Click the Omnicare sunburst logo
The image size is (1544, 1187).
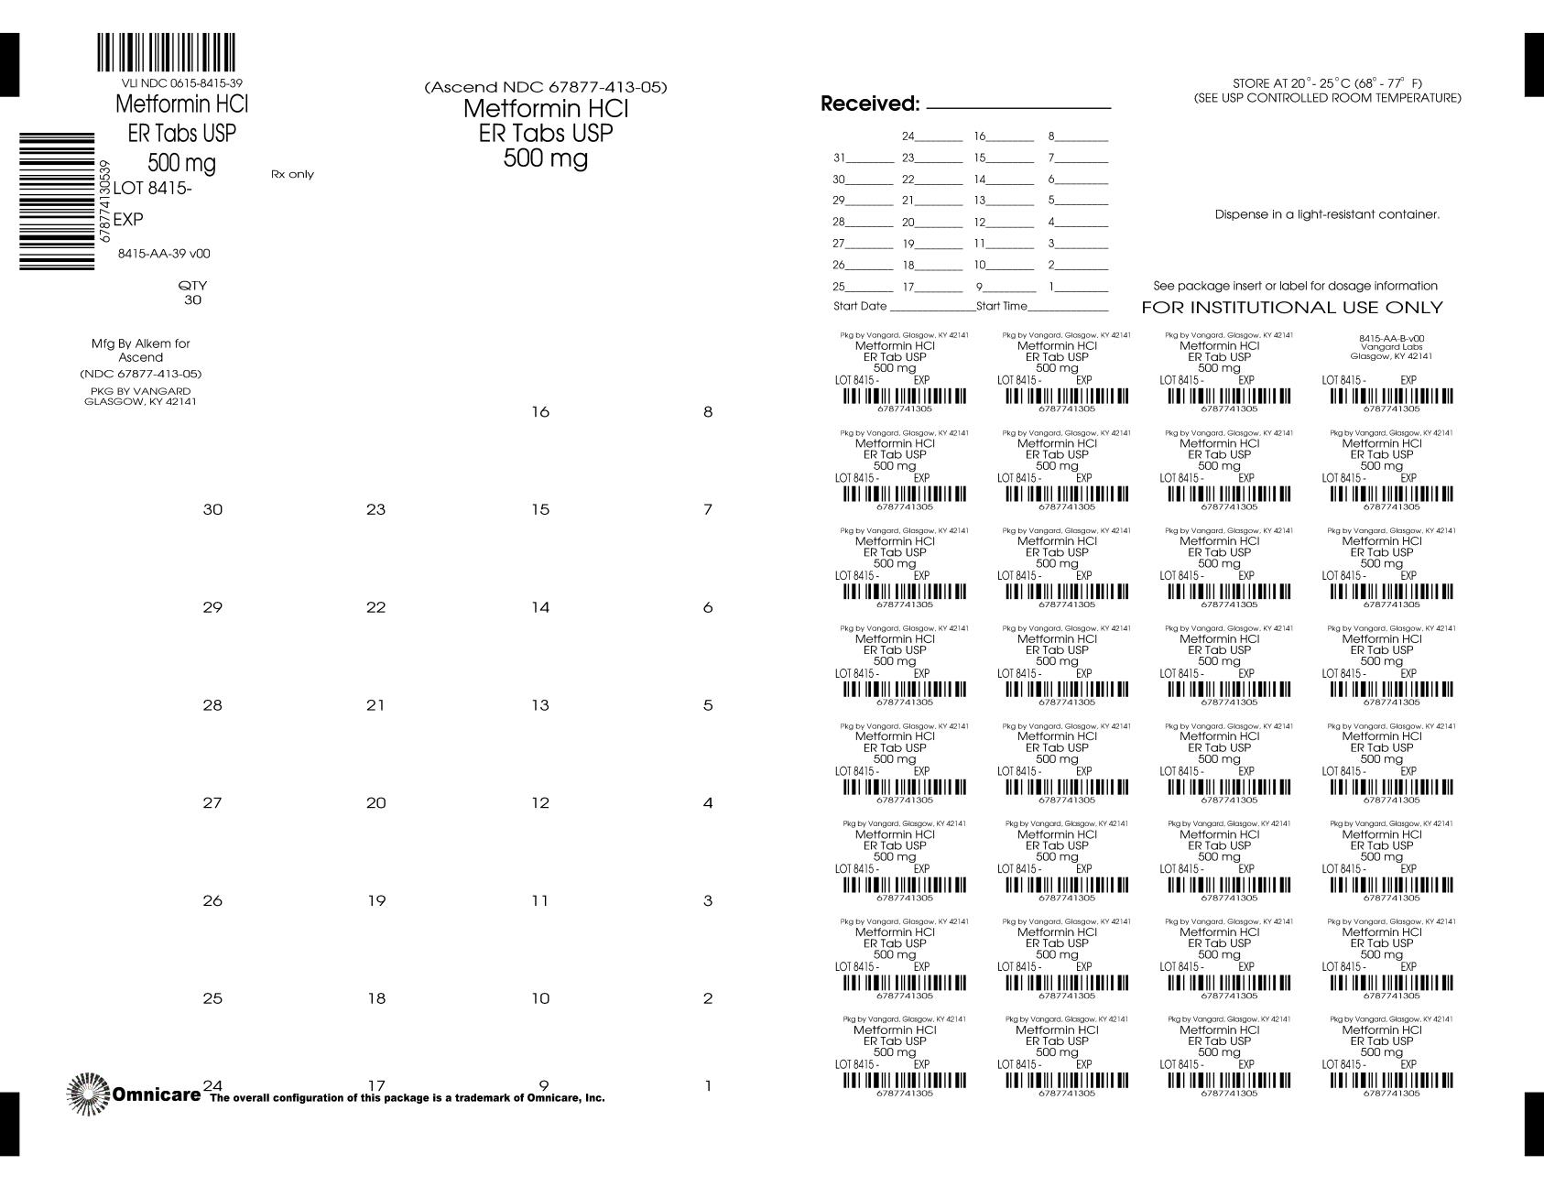88,1094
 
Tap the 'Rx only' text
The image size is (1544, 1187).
292,174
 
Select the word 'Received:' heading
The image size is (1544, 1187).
869,104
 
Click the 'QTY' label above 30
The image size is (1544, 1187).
192,285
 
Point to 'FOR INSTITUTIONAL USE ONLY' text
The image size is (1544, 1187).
1291,308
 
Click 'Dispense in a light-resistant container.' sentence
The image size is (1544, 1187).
1327,214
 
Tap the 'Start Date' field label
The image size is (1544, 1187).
860,306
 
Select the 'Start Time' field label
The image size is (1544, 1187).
1002,306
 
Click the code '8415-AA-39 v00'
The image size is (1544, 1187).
164,254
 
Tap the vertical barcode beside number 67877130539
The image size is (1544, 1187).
57,201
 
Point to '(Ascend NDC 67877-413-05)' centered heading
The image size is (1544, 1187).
546,88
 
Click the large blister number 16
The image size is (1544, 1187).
540,412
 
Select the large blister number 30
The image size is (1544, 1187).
212,510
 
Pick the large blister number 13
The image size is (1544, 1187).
540,705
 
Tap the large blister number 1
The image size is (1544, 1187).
708,1087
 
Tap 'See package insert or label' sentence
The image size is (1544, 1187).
1295,286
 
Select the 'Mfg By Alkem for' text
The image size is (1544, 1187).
140,343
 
